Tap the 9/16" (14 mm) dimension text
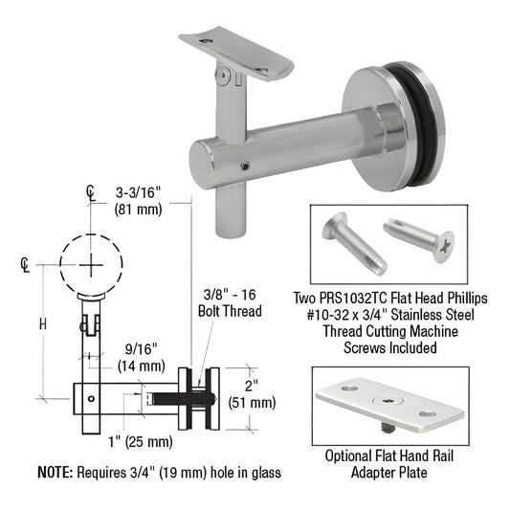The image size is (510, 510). (142, 358)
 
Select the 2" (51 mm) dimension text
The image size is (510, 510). (252, 394)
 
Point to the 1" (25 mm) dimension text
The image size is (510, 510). (141, 442)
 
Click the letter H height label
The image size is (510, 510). (43, 324)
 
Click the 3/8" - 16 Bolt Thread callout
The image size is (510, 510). (230, 303)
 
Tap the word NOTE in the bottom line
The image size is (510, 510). (55, 473)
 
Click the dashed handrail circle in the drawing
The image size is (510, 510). (92, 234)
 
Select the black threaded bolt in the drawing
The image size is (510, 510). (183, 399)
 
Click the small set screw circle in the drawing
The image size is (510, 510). (92, 399)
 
